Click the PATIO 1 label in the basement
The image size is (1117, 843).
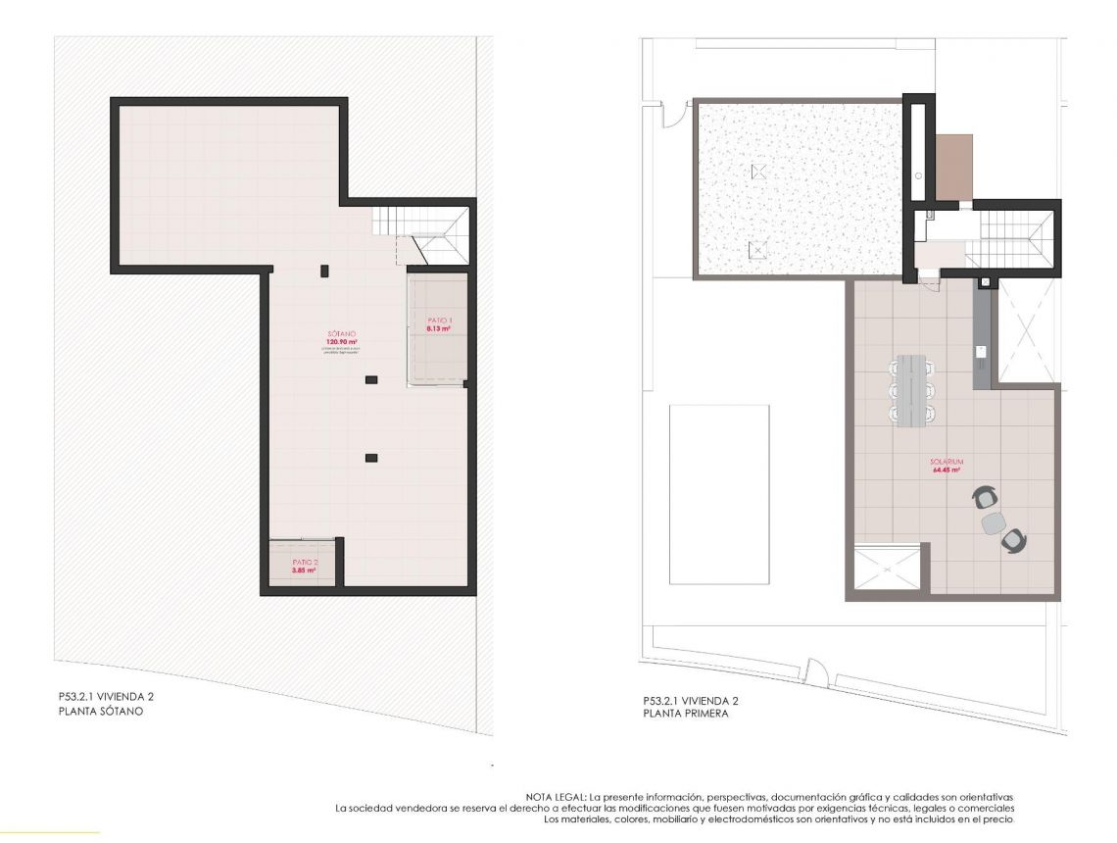click(x=439, y=321)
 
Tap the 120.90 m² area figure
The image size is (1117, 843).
click(x=342, y=342)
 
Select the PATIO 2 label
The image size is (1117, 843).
click(x=304, y=562)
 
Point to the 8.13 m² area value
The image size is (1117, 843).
click(x=439, y=329)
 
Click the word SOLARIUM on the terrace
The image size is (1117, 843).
click(x=948, y=461)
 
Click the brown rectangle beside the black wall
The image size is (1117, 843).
click(x=954, y=166)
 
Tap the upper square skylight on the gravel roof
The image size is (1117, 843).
click(x=757, y=172)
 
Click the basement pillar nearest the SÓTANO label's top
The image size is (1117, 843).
click(x=324, y=270)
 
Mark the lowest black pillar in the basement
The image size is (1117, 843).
click(x=370, y=456)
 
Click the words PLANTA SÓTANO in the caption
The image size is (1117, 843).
click(x=101, y=712)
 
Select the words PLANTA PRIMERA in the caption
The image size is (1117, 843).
click(x=686, y=714)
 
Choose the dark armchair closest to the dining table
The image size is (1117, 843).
click(x=983, y=499)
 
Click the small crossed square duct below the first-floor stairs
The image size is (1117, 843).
click(x=986, y=284)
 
